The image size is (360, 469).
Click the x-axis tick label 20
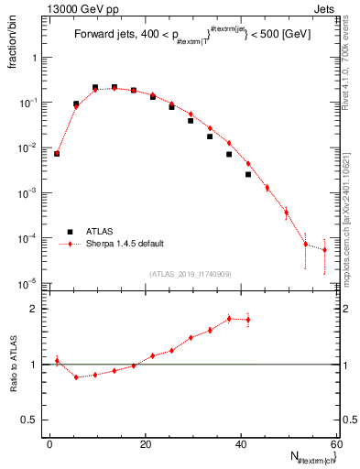point(145,443)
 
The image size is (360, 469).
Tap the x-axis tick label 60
point(335,443)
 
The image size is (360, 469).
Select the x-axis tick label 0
point(49,443)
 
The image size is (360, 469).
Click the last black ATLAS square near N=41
point(248,174)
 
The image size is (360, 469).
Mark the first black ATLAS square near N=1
point(57,154)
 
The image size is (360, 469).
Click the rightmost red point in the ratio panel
point(248,320)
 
